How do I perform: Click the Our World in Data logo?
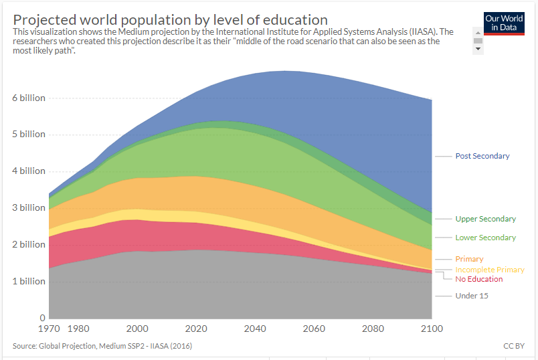(503, 23)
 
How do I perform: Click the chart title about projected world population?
(171, 19)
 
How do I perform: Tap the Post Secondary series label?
(482, 156)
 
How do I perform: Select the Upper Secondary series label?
(485, 219)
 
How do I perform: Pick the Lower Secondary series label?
(485, 238)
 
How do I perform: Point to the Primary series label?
(469, 259)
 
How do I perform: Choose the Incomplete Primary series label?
(489, 270)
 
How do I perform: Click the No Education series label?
(478, 279)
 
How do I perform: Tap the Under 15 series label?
(471, 296)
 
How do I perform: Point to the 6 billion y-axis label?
(28, 98)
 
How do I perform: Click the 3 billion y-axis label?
(28, 207)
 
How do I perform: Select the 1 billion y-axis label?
(28, 281)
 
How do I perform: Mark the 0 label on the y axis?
(42, 318)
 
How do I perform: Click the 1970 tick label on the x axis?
(50, 329)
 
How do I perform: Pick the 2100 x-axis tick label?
(432, 329)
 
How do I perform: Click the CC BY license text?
(513, 346)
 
